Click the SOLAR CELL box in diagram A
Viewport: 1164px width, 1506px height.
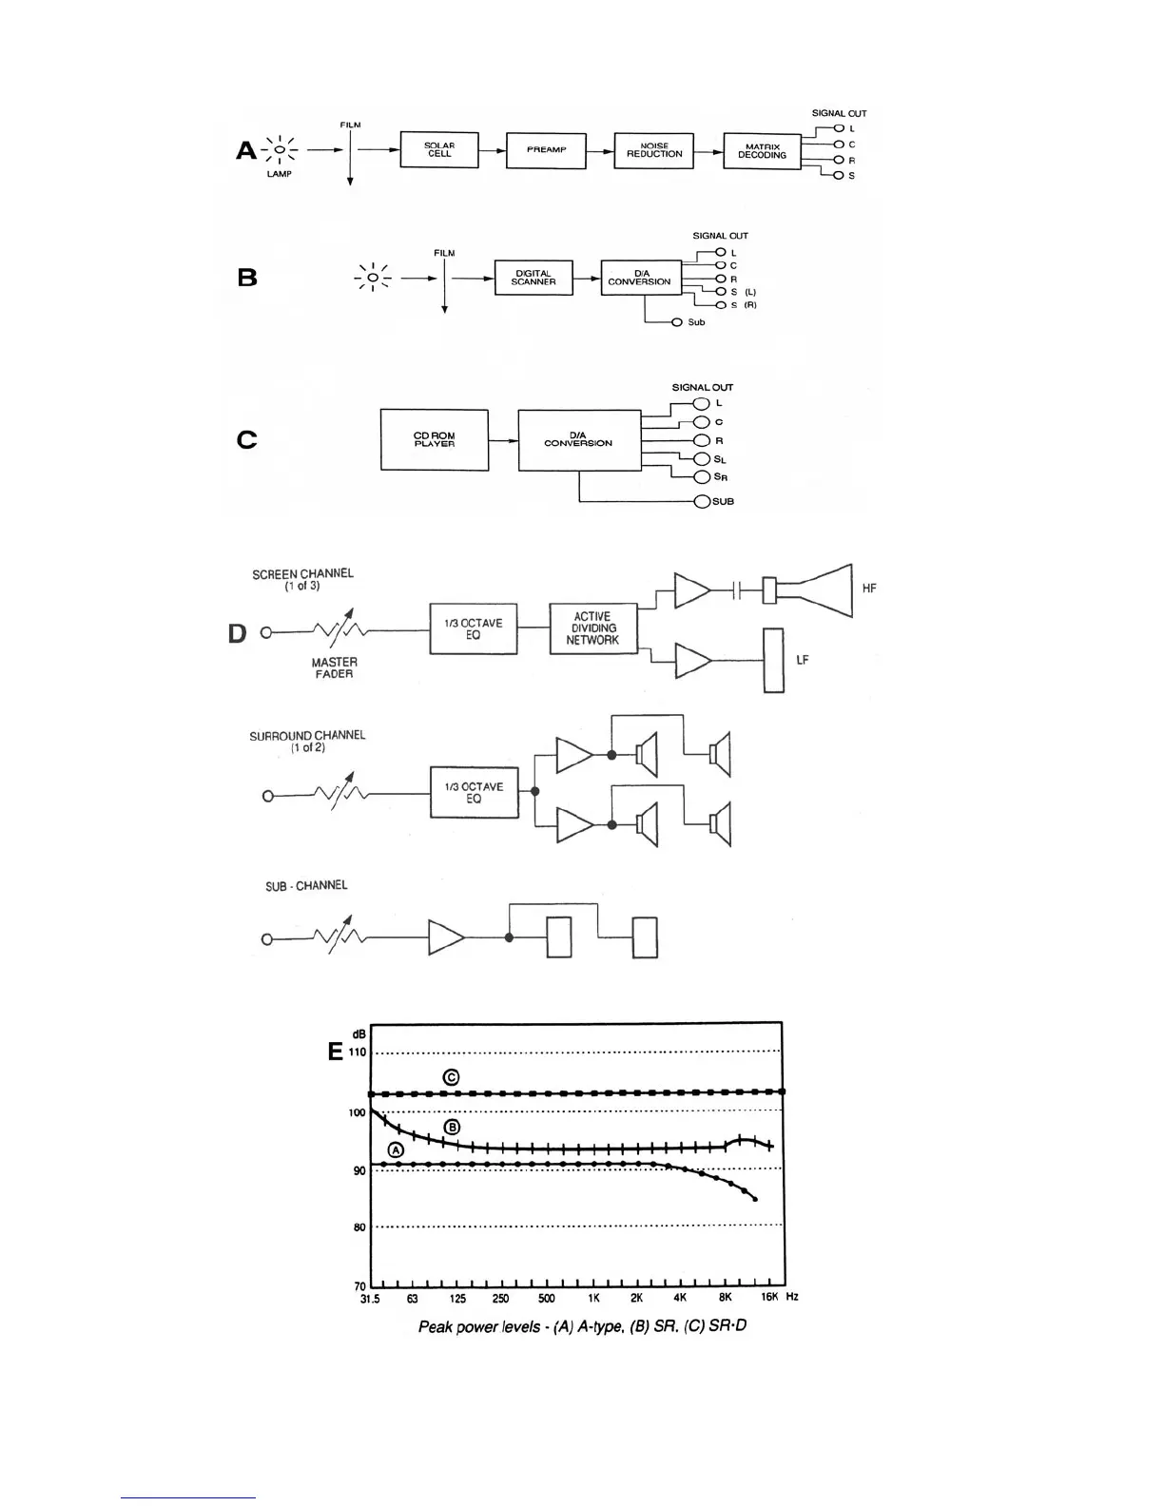(439, 150)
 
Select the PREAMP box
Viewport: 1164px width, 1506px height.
(546, 150)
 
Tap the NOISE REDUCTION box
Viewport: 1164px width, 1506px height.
(654, 150)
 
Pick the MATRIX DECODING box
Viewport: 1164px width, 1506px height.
(762, 151)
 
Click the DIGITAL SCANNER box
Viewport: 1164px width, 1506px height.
(533, 278)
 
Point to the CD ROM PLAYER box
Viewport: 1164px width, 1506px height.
(435, 440)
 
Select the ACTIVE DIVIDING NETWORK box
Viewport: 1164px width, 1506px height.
(592, 628)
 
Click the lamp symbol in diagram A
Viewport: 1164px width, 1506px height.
(280, 150)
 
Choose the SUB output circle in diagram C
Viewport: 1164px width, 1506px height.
(702, 501)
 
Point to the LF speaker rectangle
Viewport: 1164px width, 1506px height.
(774, 661)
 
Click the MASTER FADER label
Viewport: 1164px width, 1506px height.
(334, 667)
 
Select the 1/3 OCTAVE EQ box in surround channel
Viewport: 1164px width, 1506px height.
(474, 793)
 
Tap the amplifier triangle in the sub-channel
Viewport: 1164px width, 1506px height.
(445, 937)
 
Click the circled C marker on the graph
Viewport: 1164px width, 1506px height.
(452, 1077)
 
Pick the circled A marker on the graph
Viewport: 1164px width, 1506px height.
(396, 1149)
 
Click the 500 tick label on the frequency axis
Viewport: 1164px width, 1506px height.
(547, 1298)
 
